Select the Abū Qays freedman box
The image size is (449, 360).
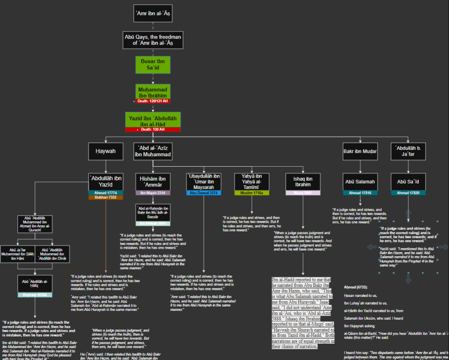(x=152, y=40)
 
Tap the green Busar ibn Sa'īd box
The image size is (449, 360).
(x=152, y=66)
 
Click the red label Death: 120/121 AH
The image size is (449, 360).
(x=152, y=101)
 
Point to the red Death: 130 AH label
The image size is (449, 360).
(x=152, y=129)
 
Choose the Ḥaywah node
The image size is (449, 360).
(x=106, y=151)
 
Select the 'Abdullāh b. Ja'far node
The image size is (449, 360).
(x=408, y=151)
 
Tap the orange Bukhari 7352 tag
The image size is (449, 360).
(x=106, y=197)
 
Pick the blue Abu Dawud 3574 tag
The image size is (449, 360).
(x=203, y=192)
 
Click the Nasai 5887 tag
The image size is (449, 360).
(x=303, y=192)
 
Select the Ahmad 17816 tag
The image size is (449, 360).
(x=360, y=192)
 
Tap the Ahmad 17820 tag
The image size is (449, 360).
(x=408, y=192)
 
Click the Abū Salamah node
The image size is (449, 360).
(x=360, y=182)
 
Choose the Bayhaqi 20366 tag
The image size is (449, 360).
(x=35, y=295)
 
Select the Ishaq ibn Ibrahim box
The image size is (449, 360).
(x=303, y=182)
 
